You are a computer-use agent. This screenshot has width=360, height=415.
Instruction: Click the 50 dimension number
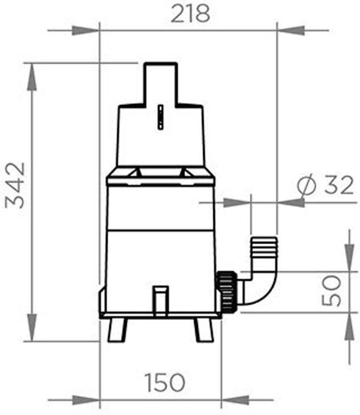332,291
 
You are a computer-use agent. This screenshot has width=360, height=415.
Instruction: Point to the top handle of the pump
161,83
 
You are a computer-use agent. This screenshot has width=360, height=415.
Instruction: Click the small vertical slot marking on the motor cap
160,118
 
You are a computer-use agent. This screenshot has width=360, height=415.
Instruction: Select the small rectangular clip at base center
161,300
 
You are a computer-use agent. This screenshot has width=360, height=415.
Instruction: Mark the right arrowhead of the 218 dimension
292,31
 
